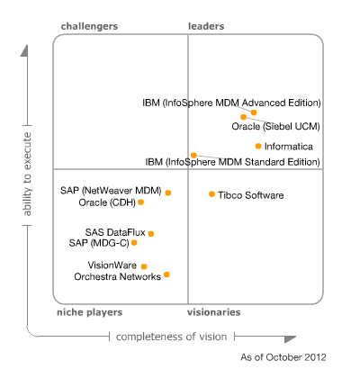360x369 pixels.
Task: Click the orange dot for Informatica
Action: (x=258, y=146)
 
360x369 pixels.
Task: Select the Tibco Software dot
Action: (x=211, y=194)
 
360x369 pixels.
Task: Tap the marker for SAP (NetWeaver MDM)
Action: (x=168, y=193)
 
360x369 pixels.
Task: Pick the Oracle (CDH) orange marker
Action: (x=140, y=202)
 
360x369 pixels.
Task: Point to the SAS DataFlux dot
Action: (x=151, y=233)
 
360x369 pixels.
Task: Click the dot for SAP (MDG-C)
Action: (x=134, y=242)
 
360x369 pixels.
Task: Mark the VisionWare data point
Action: (x=144, y=266)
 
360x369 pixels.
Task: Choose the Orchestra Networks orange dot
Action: (x=166, y=274)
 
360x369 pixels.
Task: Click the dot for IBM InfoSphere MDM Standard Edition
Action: (x=193, y=155)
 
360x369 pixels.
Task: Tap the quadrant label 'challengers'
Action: (x=89, y=26)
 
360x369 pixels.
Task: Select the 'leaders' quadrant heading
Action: (x=206, y=26)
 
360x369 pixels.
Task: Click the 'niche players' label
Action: (x=90, y=312)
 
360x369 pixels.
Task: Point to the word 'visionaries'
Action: (x=214, y=312)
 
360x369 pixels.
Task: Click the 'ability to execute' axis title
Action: (x=27, y=174)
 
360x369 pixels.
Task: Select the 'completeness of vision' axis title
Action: (x=171, y=337)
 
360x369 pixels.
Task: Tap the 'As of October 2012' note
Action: (x=283, y=357)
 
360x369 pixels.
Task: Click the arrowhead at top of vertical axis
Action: (x=24, y=50)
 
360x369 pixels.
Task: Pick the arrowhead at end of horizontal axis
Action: (x=290, y=339)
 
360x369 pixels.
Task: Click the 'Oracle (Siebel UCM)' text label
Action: (x=275, y=126)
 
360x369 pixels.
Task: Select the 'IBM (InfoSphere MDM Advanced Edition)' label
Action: (x=231, y=103)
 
